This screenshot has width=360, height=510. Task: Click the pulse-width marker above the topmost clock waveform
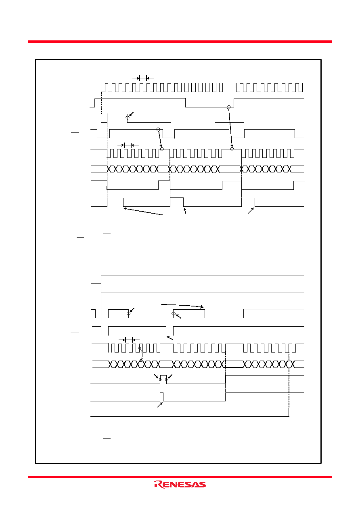click(143, 78)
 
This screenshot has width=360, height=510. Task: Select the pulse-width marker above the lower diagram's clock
click(129, 340)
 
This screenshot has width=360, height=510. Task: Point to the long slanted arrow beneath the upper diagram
click(144, 211)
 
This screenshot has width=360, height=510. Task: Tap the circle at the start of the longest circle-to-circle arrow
click(229, 107)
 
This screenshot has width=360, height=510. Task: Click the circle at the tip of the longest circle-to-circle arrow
click(232, 149)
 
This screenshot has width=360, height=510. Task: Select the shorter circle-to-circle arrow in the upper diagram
click(160, 139)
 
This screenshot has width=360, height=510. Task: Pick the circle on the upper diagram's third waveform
click(128, 118)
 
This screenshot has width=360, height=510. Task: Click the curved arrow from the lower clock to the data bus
click(141, 355)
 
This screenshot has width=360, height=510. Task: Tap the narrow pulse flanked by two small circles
click(163, 379)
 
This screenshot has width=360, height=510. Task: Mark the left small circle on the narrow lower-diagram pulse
click(160, 380)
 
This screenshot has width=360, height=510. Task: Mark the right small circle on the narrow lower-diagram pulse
click(166, 380)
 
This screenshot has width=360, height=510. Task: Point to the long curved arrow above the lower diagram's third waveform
click(182, 305)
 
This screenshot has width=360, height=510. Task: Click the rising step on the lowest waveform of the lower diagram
click(289, 412)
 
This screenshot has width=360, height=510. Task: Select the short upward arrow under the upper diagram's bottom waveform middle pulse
click(185, 211)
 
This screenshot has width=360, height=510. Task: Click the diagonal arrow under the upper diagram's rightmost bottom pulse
click(251, 211)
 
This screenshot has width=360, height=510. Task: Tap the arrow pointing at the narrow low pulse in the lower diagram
click(170, 338)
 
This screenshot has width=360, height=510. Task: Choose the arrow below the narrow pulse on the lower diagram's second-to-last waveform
click(160, 405)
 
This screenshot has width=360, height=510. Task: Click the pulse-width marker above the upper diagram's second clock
click(128, 145)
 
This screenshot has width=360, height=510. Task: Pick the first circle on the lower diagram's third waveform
click(128, 313)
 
